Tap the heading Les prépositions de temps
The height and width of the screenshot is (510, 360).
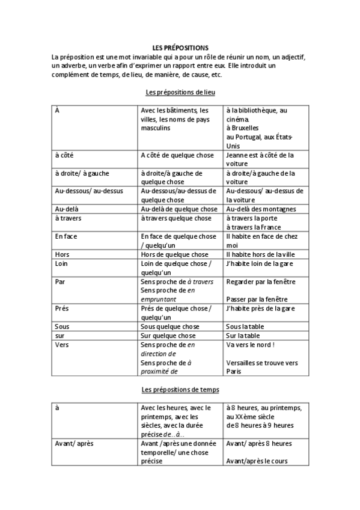(x=180, y=390)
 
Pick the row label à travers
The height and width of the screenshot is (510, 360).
(x=68, y=218)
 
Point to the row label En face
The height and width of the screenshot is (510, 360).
(x=66, y=236)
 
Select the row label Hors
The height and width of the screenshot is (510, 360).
(x=62, y=254)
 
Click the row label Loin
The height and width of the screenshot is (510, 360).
(x=62, y=263)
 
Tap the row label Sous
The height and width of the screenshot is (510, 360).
(x=63, y=327)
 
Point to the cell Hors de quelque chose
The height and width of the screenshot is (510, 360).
(x=174, y=254)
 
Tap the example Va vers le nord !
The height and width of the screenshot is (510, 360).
(x=250, y=345)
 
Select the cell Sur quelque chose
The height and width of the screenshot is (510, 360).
(x=168, y=336)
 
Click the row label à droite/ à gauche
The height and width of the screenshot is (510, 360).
(x=82, y=173)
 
